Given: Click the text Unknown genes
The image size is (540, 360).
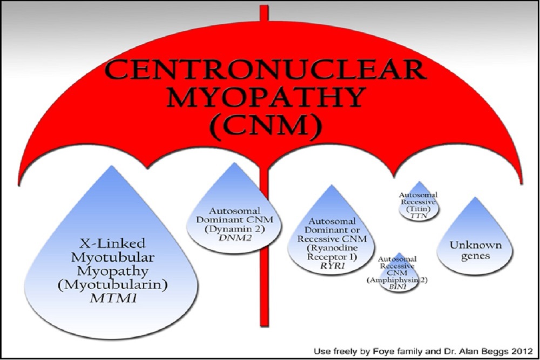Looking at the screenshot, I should click(468, 250).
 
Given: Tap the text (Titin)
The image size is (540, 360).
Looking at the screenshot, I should click(418, 207).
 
